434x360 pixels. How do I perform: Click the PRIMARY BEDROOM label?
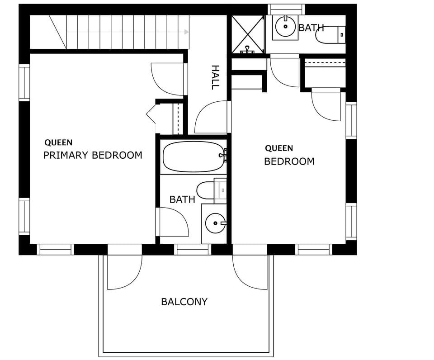pos(93,155)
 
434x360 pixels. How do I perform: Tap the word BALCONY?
pos(184,302)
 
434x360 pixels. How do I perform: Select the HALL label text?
pos(215,77)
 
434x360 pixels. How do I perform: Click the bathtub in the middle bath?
pos(193,156)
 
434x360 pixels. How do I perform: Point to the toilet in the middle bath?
pos(207,190)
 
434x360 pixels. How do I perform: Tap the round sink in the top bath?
pos(285,27)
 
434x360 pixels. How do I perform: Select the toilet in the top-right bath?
pos(330,35)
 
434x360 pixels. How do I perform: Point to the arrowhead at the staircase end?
pos(186,32)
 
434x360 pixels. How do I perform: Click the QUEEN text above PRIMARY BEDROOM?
pos(58,142)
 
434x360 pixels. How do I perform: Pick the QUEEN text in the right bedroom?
pos(279,148)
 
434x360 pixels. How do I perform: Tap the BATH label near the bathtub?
pos(182,199)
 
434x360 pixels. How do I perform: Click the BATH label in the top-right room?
pos(311,28)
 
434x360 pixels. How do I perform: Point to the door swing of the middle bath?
pos(173,222)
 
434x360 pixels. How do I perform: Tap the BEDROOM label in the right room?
pos(289,161)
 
